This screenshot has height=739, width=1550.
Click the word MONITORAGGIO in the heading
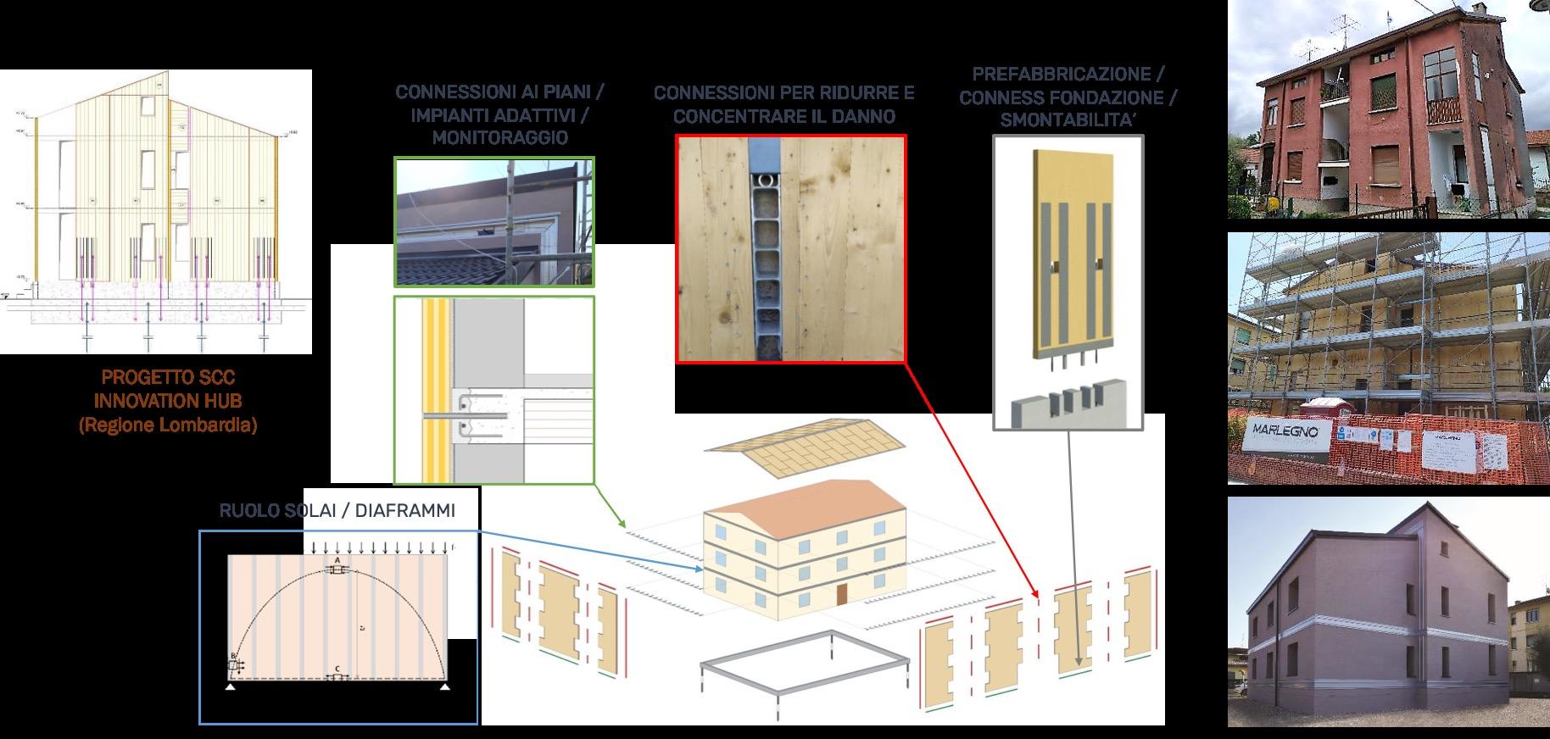pos(499,137)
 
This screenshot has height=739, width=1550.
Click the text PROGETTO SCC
pos(168,377)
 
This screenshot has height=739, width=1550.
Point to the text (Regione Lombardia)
pos(168,425)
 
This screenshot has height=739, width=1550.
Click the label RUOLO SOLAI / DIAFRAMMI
pos(337,511)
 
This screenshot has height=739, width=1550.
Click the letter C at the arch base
pos(337,670)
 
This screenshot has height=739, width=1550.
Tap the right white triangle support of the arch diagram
pos(444,687)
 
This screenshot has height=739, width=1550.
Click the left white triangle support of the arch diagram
pos(230,687)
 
